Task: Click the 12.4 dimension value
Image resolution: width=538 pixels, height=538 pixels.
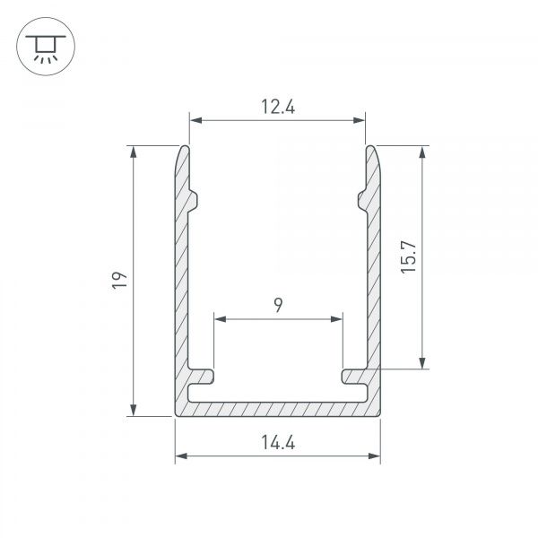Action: pyautogui.click(x=278, y=107)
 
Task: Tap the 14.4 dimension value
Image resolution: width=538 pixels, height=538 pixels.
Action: pyautogui.click(x=278, y=442)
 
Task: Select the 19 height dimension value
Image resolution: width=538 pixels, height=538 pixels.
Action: pyautogui.click(x=120, y=281)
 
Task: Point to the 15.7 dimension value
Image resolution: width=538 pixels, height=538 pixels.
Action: pyautogui.click(x=408, y=256)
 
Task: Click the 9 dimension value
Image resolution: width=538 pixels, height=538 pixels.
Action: pyautogui.click(x=278, y=305)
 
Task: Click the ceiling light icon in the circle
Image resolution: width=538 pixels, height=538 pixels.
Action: pyautogui.click(x=46, y=48)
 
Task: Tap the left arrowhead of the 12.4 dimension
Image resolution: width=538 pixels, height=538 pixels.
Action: pyautogui.click(x=195, y=120)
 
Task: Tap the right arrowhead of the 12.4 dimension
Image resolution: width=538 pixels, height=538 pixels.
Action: pyautogui.click(x=359, y=120)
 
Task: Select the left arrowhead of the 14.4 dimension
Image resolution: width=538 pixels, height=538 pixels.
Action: pyautogui.click(x=181, y=456)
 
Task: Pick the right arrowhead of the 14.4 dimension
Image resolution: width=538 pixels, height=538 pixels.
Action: pyautogui.click(x=374, y=456)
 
